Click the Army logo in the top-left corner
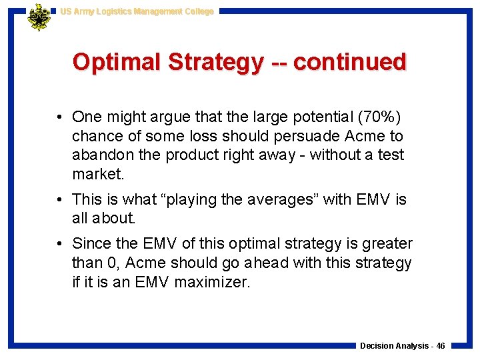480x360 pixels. click(39, 17)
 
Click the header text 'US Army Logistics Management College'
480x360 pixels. click(137, 11)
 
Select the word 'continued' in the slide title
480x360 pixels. click(349, 62)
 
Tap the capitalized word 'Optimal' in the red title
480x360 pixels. click(117, 62)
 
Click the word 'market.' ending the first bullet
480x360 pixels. click(99, 174)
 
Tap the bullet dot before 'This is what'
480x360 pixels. click(60, 200)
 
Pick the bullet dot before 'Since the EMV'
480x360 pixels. click(60, 245)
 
